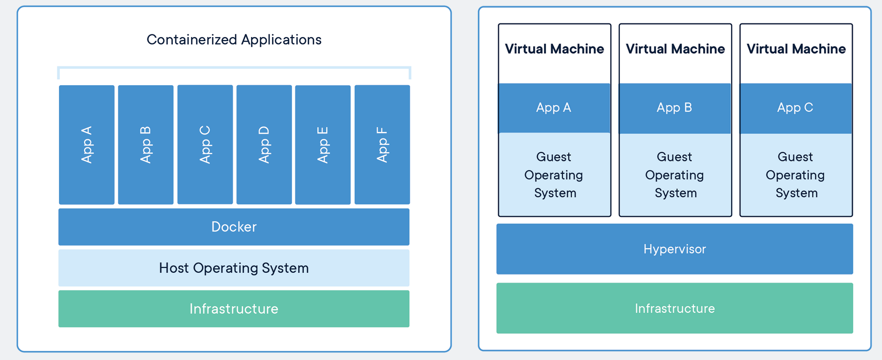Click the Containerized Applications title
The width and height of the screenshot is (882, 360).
coord(234,40)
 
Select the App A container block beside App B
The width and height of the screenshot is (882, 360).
coord(86,144)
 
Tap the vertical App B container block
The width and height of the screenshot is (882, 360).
coord(146,144)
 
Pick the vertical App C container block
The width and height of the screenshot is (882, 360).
coord(205,144)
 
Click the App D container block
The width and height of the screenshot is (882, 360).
coord(264,144)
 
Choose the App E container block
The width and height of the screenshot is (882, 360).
coord(323,144)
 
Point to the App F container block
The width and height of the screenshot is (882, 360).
coord(382,144)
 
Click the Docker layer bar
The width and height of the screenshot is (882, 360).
coord(234,227)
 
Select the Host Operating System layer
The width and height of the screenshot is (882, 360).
coord(234,268)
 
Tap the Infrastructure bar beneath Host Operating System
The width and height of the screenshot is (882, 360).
coord(234,309)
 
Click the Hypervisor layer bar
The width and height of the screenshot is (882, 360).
coord(674,249)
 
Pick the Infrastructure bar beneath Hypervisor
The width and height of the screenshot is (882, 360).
coord(674,308)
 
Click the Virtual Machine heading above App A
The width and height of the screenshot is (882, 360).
coord(554,49)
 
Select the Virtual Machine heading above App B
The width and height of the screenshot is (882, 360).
coord(675,49)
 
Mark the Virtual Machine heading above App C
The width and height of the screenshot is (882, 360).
coord(796,49)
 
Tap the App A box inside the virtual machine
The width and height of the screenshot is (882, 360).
coord(554,108)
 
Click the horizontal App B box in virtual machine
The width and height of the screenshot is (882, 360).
coord(674,108)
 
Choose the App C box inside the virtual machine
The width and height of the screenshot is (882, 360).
coord(795,108)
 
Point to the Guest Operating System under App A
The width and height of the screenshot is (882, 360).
coord(554,175)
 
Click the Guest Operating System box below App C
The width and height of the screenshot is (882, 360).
coord(796,175)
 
